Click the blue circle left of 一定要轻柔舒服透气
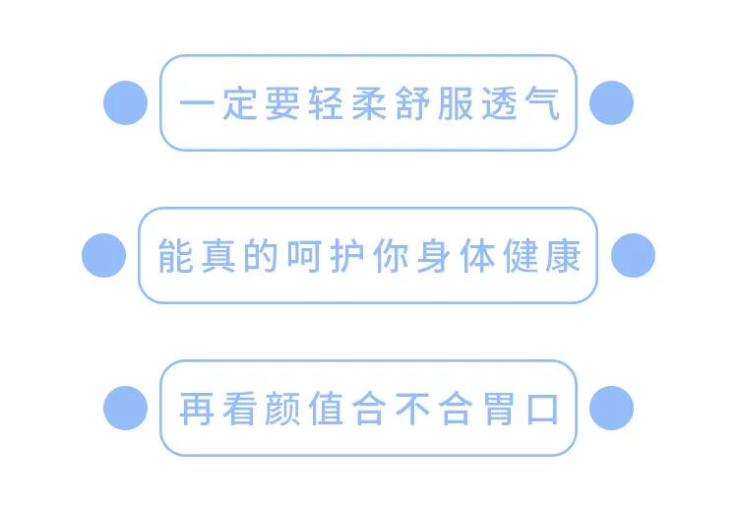125,102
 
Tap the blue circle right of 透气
611,102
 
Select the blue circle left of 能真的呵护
103,256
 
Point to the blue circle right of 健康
633,256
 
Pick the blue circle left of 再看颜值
125,408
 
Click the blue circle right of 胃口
611,408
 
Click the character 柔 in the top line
369,103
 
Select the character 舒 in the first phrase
412,103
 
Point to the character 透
499,103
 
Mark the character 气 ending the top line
541,103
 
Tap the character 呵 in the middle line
304,256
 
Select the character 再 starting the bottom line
196,409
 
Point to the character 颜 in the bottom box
282,409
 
